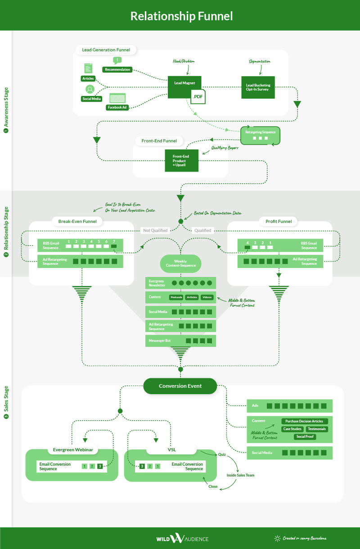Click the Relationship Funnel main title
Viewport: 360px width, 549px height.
coord(181,16)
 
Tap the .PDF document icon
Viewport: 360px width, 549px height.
coord(198,96)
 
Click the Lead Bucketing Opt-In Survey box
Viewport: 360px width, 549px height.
coord(257,87)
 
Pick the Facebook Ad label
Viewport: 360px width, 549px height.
coord(117,107)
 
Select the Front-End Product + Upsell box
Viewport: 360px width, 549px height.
coord(181,160)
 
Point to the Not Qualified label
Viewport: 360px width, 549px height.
coord(155,230)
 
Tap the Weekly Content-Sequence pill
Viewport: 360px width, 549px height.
coord(181,263)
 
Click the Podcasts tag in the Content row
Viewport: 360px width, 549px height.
coord(176,297)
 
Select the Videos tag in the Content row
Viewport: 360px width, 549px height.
coord(207,297)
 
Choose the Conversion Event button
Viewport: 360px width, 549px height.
coord(180,386)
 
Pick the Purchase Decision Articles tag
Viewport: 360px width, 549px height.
coord(305,421)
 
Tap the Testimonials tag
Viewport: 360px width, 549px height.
coord(317,429)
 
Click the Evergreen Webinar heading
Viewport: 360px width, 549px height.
coord(73,449)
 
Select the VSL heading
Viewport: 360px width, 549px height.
coord(171,449)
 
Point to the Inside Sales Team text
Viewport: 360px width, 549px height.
coord(241,475)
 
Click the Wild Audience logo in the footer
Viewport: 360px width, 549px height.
coord(182,538)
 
